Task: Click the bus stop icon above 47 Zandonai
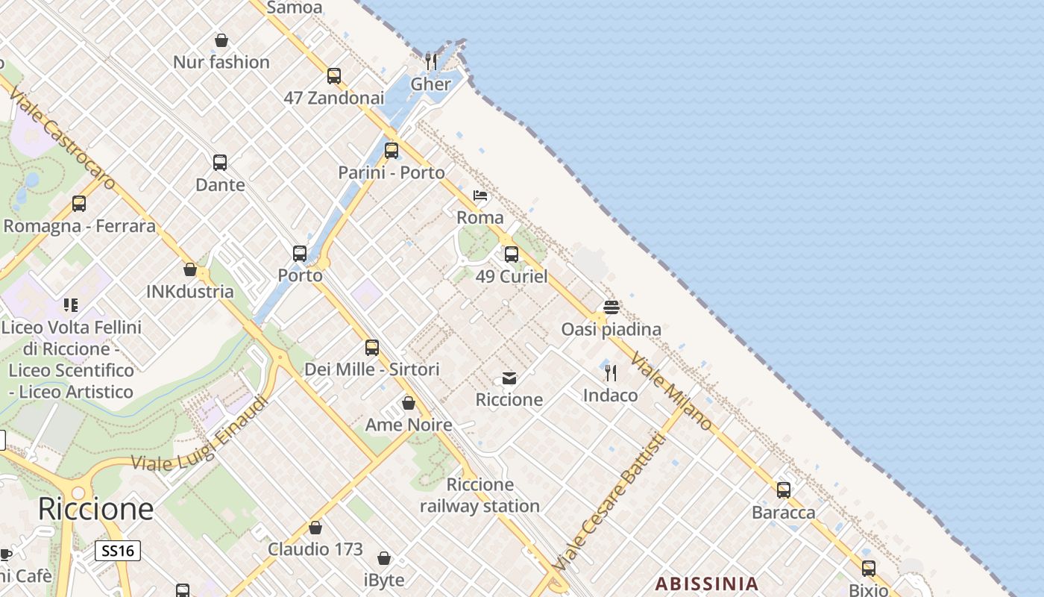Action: (x=334, y=75)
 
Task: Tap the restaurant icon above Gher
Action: (x=430, y=60)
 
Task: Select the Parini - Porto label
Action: (x=391, y=172)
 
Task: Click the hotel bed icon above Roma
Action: (x=480, y=196)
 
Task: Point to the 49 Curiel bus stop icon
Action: (x=512, y=254)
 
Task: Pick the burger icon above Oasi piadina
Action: (x=611, y=307)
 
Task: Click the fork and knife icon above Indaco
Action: (x=611, y=372)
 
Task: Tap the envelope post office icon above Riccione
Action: (x=509, y=378)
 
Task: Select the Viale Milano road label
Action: (x=671, y=390)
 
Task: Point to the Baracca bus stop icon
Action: (x=784, y=490)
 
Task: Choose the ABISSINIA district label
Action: (x=706, y=584)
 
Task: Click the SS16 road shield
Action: (x=118, y=551)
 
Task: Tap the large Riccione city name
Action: (x=95, y=509)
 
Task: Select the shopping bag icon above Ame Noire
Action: (x=409, y=403)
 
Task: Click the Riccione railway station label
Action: (x=479, y=495)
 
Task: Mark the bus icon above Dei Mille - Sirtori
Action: (x=372, y=347)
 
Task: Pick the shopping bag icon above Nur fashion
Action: (x=221, y=40)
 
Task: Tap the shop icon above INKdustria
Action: (x=190, y=269)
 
